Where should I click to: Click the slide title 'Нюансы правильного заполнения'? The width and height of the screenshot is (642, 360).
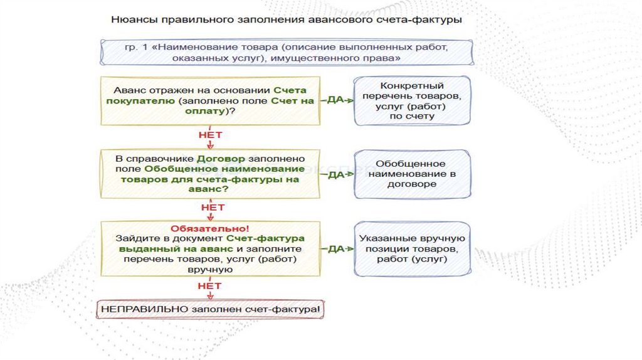click(287, 20)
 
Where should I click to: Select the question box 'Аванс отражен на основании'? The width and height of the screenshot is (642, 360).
click(210, 100)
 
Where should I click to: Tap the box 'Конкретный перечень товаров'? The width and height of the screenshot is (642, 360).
click(412, 101)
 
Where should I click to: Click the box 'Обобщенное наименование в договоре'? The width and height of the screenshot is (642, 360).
click(412, 174)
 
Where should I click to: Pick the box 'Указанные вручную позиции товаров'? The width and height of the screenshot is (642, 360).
click(412, 248)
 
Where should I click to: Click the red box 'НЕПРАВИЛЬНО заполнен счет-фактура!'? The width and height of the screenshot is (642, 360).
click(211, 310)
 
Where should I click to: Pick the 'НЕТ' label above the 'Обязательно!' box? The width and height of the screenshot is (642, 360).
click(210, 206)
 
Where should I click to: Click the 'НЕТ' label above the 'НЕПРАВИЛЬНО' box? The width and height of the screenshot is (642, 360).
click(210, 286)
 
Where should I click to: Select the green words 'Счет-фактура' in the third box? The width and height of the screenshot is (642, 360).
click(266, 238)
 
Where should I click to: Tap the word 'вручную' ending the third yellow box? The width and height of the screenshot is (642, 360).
click(210, 268)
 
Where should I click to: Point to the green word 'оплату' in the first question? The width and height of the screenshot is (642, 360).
click(210, 110)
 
